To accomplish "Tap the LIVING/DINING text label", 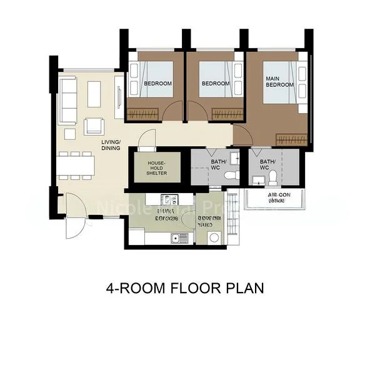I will point(111,145).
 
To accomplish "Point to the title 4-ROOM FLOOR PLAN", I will point(185,288).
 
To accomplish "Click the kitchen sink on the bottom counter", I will point(179,237).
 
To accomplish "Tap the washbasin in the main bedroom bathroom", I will point(257,181).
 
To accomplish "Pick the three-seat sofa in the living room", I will point(67,100).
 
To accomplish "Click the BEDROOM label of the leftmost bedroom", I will point(157,83).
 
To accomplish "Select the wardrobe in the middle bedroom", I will point(227,114).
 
